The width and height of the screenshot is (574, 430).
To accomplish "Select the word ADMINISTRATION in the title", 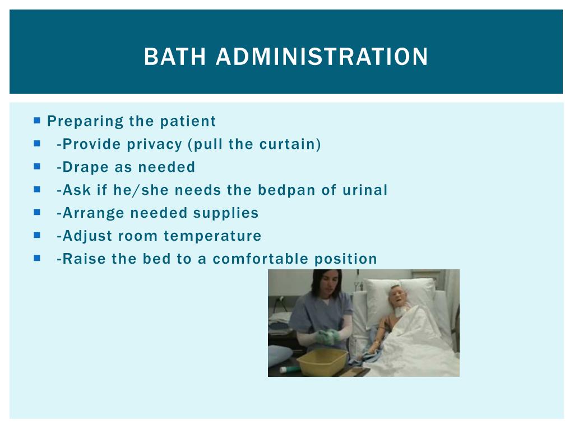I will [x=322, y=57].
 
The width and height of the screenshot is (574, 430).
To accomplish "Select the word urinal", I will [x=364, y=190].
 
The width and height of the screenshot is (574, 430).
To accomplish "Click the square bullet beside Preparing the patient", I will [x=37, y=120].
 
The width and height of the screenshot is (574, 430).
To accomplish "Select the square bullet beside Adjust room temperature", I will [x=37, y=235].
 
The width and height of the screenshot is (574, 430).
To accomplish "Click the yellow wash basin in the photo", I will [x=322, y=361].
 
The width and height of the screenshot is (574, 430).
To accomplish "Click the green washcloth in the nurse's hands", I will [x=326, y=336].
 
